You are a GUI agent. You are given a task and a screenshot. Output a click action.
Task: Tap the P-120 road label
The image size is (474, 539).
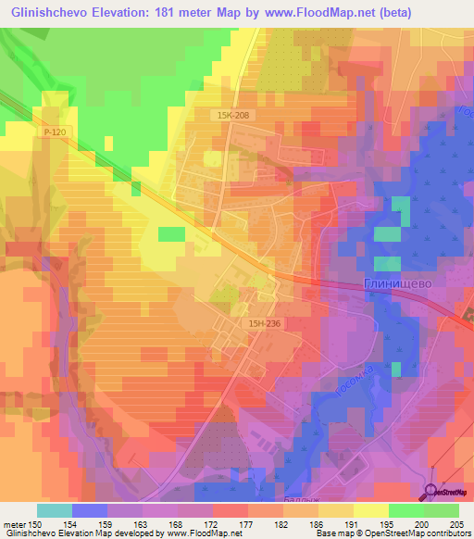click(x=54, y=134)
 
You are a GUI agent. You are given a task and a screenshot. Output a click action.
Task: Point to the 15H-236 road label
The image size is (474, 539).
click(x=264, y=321)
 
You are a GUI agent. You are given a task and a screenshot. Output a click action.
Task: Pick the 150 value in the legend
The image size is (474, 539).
click(x=36, y=524)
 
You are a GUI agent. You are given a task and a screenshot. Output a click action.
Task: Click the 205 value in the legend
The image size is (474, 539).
click(x=462, y=524)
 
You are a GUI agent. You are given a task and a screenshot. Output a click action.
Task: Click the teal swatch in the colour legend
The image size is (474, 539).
click(x=54, y=510)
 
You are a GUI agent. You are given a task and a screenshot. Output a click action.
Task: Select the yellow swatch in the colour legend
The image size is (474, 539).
click(x=370, y=510)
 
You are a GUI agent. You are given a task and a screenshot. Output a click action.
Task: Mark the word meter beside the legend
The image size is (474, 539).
click(x=14, y=524)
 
